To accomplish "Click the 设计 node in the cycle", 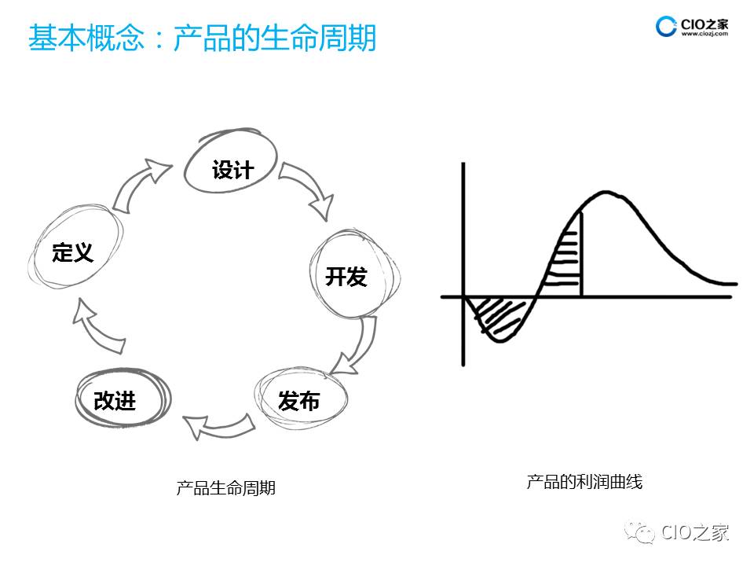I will [232, 167].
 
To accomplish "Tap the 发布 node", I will [299, 400].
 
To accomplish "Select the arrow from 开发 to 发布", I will [353, 347].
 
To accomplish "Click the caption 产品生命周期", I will [226, 488].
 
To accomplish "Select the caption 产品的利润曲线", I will [584, 482].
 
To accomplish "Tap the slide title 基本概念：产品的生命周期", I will [202, 38].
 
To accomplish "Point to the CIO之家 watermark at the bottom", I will [683, 533].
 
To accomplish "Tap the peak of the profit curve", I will [603, 192].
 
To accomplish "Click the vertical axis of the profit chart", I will [463, 236].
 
